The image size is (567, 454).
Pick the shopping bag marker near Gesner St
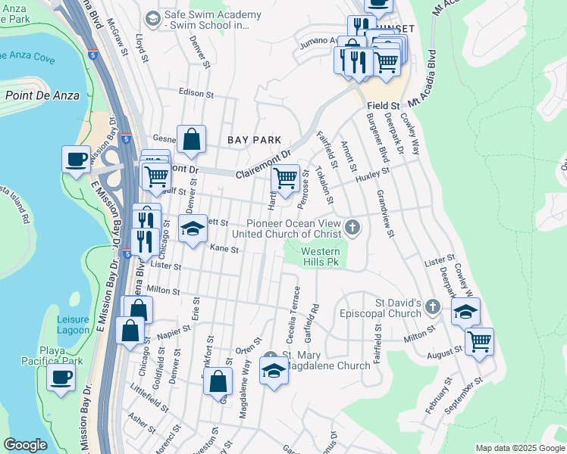[192, 139]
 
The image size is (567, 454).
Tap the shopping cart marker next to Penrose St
[285, 179]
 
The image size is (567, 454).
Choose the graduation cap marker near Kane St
[193, 229]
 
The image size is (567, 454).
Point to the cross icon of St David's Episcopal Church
[432, 307]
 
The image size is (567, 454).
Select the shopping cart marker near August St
[479, 341]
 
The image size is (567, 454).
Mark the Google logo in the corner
[26, 445]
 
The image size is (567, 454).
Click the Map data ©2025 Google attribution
[520, 448]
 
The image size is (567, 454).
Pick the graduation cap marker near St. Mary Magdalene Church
[274, 370]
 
